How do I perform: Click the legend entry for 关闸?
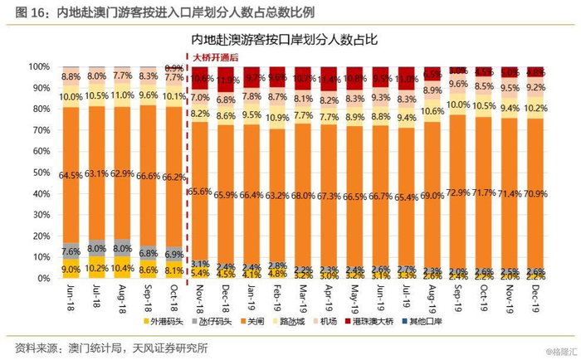pyautogui.click(x=273, y=321)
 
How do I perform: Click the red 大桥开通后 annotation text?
pyautogui.click(x=215, y=57)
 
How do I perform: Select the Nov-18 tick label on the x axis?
pyautogui.click(x=201, y=296)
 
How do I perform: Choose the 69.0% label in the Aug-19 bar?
pyautogui.click(x=432, y=195)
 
